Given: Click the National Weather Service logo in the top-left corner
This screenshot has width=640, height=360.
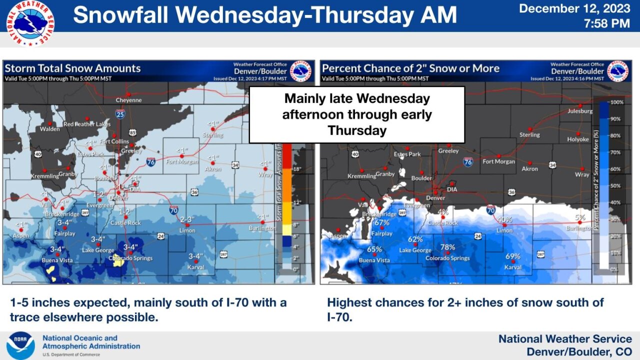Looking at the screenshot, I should click(x=30, y=23).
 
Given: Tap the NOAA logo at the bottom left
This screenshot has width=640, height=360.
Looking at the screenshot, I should click(x=20, y=345).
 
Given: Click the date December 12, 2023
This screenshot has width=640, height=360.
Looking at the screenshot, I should click(x=574, y=8).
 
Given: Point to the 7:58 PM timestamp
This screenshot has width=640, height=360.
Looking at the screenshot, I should click(x=606, y=23).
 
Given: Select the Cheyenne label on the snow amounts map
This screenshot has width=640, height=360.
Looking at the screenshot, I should click(x=128, y=100).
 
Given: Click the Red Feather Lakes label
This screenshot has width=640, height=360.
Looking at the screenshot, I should click(x=87, y=124).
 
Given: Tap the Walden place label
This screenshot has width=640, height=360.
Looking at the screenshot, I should click(x=50, y=129).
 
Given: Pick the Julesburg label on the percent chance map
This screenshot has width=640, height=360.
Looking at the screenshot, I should click(x=580, y=111).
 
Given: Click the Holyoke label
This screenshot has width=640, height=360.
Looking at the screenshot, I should click(x=578, y=139).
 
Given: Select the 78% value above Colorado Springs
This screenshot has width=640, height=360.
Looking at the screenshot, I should click(x=447, y=247).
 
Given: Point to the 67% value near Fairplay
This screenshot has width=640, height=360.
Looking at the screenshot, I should click(x=381, y=222).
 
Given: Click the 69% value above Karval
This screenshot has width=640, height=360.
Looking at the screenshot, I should click(x=513, y=256).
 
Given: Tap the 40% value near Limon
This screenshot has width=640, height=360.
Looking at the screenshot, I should click(x=504, y=219).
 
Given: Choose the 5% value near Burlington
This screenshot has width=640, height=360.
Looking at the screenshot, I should click(x=579, y=217).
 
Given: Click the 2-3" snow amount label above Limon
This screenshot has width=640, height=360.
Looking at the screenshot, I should click(x=187, y=219).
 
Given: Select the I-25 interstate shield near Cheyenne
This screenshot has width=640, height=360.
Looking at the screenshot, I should click(x=120, y=114).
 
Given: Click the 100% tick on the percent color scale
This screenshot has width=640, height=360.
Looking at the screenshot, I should click(x=617, y=102).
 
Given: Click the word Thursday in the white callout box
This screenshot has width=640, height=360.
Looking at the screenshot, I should click(x=357, y=131).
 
